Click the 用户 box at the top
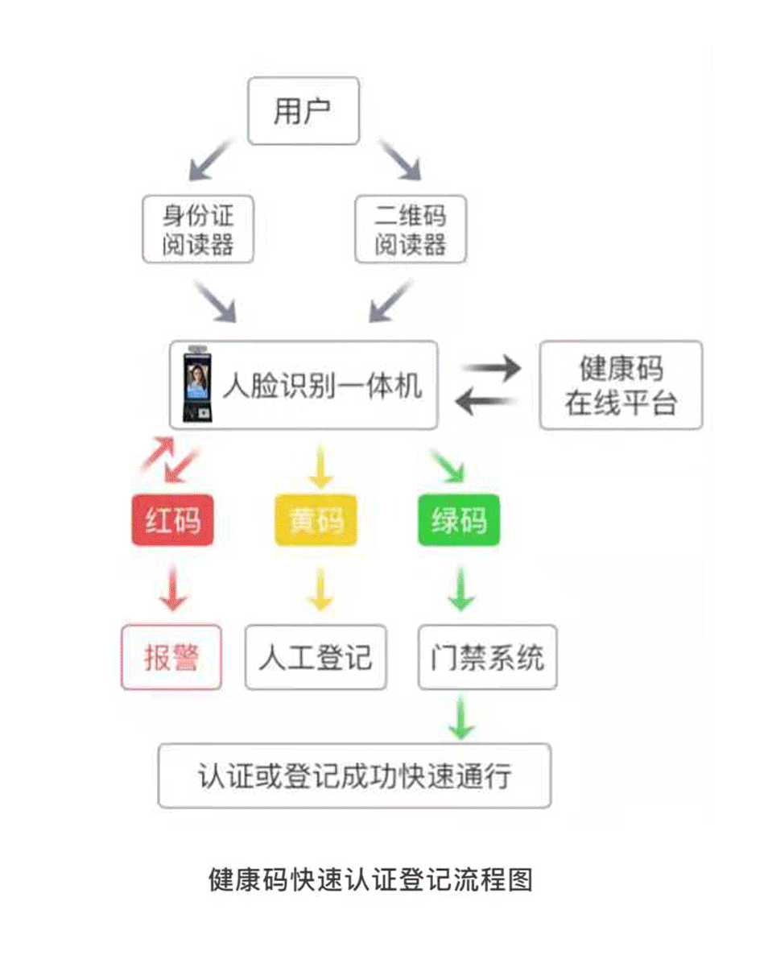click(x=303, y=111)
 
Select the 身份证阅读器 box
click(x=198, y=229)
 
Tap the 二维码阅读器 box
click(x=411, y=229)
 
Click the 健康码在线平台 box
click(x=620, y=385)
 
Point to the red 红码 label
click(x=173, y=520)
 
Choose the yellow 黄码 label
click(x=316, y=520)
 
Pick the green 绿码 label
click(x=459, y=520)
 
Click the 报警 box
click(x=171, y=657)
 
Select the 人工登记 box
click(x=316, y=657)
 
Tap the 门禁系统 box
click(x=487, y=657)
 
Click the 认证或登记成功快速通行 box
click(x=354, y=775)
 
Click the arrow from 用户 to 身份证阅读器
click(x=210, y=159)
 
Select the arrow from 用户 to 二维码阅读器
click(x=400, y=159)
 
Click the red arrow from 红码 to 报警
click(x=173, y=589)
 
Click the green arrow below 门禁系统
click(x=460, y=717)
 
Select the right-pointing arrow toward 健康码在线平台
click(x=491, y=369)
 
